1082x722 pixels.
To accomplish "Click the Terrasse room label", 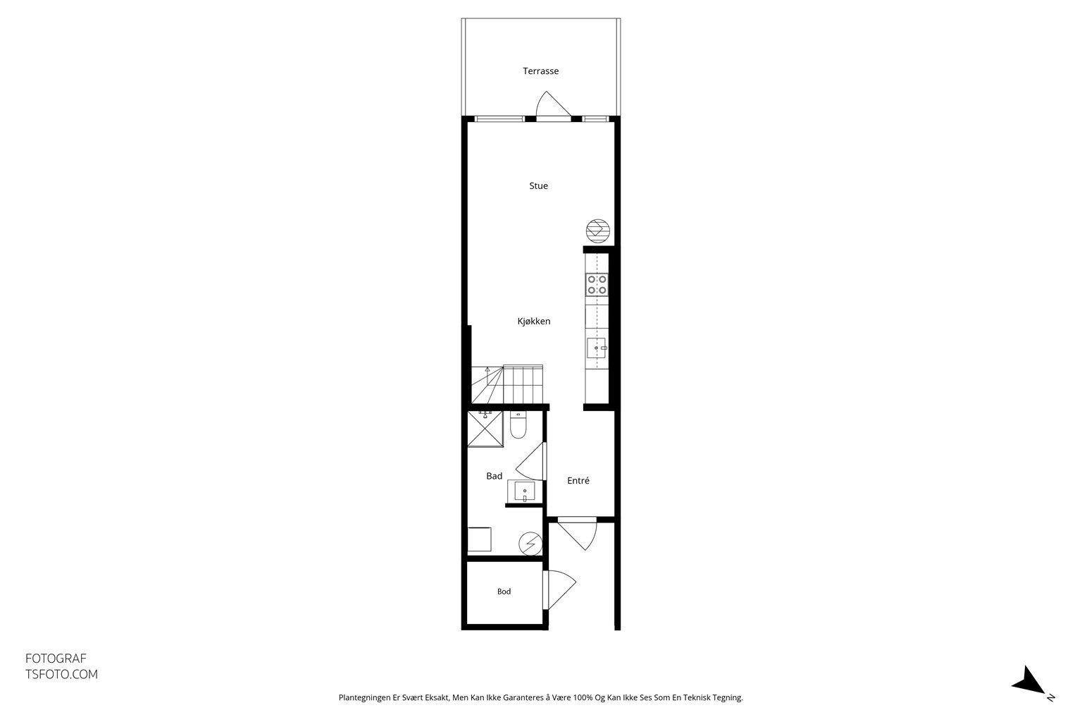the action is [540, 71].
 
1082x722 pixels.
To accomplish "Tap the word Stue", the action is [539, 185].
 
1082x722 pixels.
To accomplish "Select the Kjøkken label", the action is [534, 321].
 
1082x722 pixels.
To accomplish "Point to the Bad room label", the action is [494, 476].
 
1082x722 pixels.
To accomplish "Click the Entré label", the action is [578, 481].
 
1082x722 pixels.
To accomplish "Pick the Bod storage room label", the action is [504, 592].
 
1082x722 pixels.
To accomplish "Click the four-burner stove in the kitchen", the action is [597, 285].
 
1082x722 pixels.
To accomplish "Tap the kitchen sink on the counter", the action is [597, 348].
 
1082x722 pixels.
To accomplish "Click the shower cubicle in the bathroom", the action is [485, 429].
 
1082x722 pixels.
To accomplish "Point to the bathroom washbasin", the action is [525, 492].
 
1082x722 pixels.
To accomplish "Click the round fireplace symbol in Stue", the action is [598, 231].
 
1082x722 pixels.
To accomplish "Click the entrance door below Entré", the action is [578, 534].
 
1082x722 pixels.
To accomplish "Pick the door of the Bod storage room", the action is [559, 590].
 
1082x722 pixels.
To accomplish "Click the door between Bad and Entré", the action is [531, 461].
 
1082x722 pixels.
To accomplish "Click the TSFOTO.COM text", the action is [61, 675].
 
